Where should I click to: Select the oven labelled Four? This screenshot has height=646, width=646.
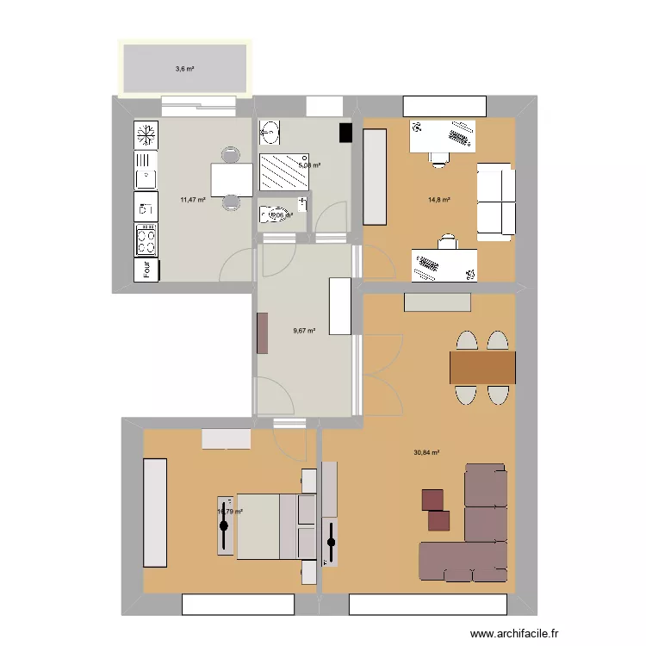pyautogui.click(x=146, y=270)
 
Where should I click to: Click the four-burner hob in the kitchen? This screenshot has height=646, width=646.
pyautogui.click(x=146, y=236)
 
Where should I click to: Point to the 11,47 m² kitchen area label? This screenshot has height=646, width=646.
pyautogui.click(x=193, y=200)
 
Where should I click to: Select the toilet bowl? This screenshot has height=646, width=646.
pyautogui.click(x=274, y=214)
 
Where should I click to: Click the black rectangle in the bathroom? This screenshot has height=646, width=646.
pyautogui.click(x=346, y=133)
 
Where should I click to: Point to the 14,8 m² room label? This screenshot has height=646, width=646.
pyautogui.click(x=440, y=200)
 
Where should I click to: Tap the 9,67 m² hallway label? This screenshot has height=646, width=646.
pyautogui.click(x=304, y=330)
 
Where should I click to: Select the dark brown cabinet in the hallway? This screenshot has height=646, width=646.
pyautogui.click(x=262, y=332)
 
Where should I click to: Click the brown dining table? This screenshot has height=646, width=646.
pyautogui.click(x=482, y=367)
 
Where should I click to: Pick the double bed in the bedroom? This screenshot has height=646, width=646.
pyautogui.click(x=267, y=525)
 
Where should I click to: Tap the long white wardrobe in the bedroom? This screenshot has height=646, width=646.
pyautogui.click(x=155, y=512)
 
